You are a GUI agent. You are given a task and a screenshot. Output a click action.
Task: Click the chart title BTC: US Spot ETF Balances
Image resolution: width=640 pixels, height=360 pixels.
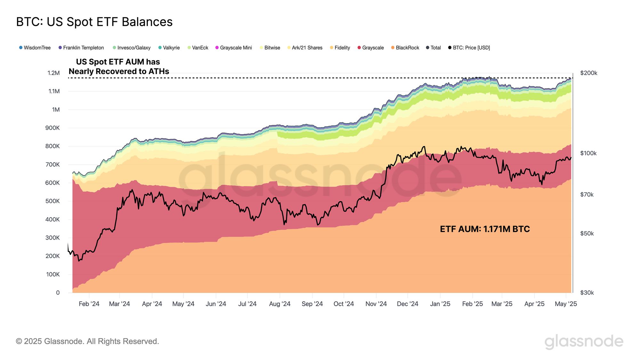click(94, 22)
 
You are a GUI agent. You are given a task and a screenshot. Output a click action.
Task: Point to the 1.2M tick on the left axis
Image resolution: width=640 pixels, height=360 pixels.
click(53, 73)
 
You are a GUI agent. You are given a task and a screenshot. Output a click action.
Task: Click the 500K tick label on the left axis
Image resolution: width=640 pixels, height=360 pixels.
click(52, 201)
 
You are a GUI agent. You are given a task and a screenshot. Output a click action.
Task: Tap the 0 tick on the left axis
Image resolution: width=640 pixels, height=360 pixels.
click(58, 292)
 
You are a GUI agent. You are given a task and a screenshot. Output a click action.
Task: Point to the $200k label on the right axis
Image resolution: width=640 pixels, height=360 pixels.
click(588, 73)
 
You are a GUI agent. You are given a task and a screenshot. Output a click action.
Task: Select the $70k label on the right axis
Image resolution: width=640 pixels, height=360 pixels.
click(587, 195)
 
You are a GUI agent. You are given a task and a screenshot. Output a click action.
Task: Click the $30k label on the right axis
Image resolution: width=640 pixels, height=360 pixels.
click(587, 292)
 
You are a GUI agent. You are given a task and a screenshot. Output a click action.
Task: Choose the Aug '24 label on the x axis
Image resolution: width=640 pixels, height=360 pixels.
click(280, 304)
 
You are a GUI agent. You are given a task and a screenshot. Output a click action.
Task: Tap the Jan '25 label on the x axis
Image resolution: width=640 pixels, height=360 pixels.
click(440, 304)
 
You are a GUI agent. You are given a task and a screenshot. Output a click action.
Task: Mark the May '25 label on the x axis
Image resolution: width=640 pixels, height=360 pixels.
click(566, 304)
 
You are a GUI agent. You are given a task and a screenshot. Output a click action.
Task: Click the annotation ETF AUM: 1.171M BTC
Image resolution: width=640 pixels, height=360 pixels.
click(485, 229)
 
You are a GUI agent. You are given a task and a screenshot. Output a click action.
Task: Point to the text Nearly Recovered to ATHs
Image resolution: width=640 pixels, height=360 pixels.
click(119, 71)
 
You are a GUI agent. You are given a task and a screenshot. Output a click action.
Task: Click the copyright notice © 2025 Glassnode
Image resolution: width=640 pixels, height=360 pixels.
click(87, 341)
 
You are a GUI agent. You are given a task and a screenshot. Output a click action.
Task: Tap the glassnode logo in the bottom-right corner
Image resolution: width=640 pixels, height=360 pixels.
click(584, 341)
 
